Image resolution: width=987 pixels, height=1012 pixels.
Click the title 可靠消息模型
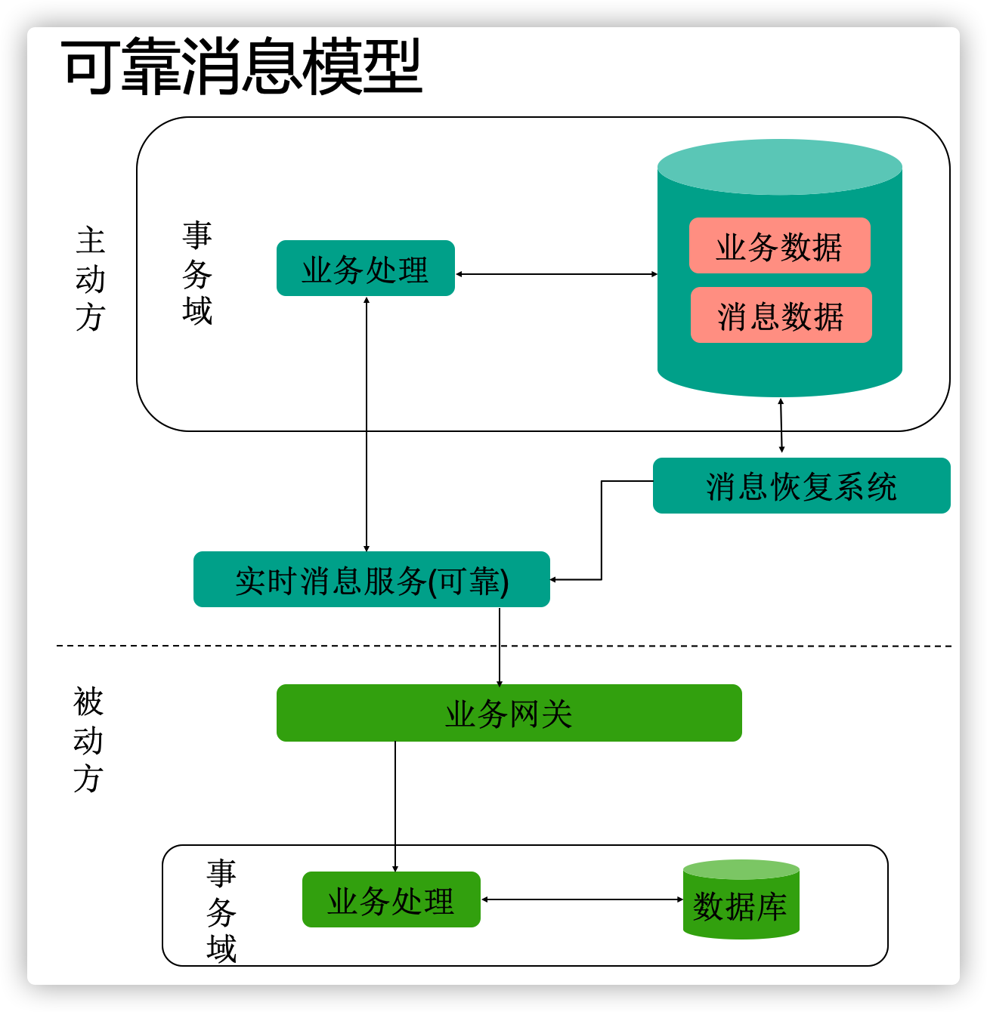[242, 68]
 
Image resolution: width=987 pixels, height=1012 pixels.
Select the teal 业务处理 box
[366, 269]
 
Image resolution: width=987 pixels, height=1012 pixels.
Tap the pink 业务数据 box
[779, 246]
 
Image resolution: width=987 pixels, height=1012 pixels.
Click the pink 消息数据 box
[781, 316]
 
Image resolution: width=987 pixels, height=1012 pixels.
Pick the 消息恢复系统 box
[801, 486]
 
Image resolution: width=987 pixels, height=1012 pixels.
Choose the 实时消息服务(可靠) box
[371, 580]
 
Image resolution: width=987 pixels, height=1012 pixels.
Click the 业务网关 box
[509, 714]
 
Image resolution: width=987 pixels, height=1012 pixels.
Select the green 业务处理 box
[391, 900]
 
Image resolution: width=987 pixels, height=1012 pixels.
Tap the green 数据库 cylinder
[741, 902]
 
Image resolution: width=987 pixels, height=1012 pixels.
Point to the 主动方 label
[91, 279]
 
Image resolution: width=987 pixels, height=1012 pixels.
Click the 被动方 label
[88, 740]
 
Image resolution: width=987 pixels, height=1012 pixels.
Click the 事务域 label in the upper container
[197, 273]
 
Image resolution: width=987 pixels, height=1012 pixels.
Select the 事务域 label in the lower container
[221, 911]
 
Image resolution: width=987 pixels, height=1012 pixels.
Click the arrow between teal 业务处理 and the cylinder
[556, 274]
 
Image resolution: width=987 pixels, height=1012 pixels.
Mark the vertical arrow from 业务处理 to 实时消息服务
[367, 423]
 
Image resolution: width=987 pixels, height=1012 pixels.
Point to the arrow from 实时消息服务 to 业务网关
[500, 646]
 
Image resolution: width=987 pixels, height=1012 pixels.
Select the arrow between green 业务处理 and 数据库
[582, 899]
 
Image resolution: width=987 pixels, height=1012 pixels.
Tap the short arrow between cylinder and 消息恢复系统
[781, 426]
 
